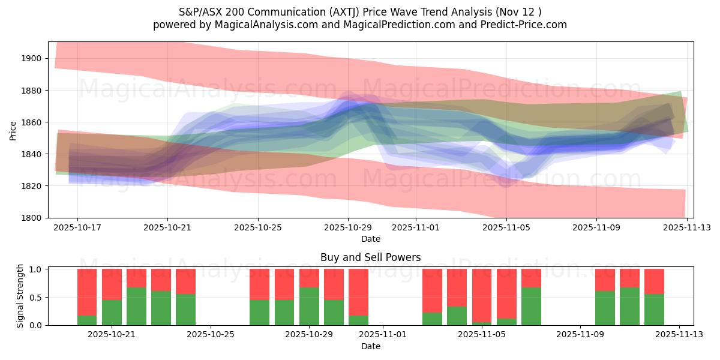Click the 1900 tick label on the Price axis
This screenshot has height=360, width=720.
[x=32, y=58]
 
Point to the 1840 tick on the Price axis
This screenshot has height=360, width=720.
[x=32, y=154]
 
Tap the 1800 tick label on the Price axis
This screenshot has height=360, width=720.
[x=32, y=218]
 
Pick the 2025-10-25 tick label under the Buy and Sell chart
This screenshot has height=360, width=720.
[x=211, y=335]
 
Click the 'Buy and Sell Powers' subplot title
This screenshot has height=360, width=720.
[x=370, y=257]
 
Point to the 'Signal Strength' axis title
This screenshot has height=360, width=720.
[x=20, y=296]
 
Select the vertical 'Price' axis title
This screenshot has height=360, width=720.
[x=13, y=130]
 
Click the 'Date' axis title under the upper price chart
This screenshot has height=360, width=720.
[x=370, y=239]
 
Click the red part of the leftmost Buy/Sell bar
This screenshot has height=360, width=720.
[x=87, y=292]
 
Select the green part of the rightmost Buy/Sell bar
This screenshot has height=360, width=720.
[x=654, y=310]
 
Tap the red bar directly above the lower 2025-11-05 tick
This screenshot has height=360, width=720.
[x=482, y=295]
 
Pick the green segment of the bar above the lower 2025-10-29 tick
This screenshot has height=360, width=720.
[x=309, y=306]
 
